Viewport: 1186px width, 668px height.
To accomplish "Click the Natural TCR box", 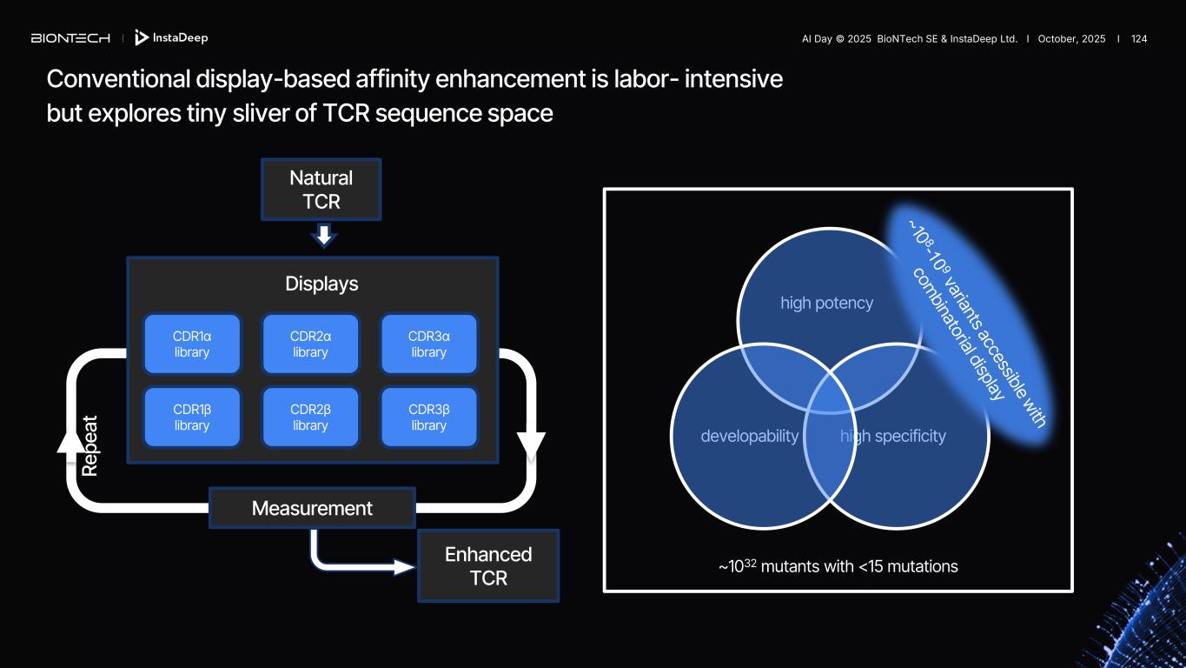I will coord(321,190).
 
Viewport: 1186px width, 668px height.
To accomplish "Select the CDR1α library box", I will coord(192,344).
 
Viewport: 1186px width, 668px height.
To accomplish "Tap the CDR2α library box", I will coord(310,344).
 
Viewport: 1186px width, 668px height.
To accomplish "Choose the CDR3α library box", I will coord(428,344).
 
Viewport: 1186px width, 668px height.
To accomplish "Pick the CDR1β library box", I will coord(192,417).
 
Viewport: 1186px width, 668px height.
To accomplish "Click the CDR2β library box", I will coord(310,417).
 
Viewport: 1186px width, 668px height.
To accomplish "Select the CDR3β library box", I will coord(428,417).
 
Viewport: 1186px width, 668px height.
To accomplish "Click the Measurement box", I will coord(312,508).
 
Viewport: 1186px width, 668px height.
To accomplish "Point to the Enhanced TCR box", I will coord(488,565).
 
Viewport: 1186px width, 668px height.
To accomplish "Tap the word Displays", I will coord(321,284).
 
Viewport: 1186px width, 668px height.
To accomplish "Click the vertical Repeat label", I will coord(89,444).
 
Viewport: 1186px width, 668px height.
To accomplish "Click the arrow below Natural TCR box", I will coord(323,235).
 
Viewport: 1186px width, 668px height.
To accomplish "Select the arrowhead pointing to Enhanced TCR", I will coord(405,567).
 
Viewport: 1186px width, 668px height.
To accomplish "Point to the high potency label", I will coord(826,303).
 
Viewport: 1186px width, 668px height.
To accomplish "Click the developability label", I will coord(749,436).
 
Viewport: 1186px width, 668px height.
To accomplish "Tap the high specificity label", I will coord(893,436).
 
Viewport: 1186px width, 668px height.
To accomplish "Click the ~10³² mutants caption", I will coord(838,566).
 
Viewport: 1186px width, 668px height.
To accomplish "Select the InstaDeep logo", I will coord(171,38).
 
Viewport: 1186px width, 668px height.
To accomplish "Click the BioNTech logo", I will coord(70,38).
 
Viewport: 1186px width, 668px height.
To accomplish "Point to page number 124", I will coord(1139,39).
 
